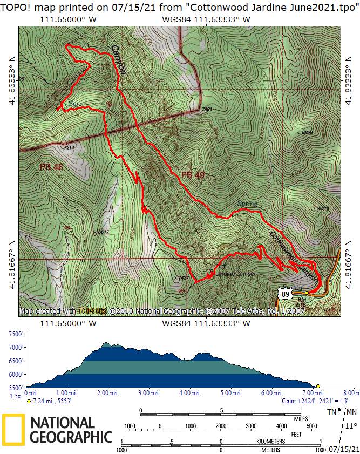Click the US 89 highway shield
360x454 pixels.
coord(284,293)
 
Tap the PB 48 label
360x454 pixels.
coord(51,167)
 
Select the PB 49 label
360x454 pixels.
coord(193,174)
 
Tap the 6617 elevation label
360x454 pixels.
coord(103,232)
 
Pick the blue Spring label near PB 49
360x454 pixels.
coord(247,204)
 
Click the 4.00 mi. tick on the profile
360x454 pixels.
coord(188,393)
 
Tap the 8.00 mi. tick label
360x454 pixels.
coord(350,393)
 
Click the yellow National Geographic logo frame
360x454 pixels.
coord(13,430)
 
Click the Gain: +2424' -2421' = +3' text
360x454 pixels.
coord(309,401)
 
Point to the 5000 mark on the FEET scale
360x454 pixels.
coord(311,426)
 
